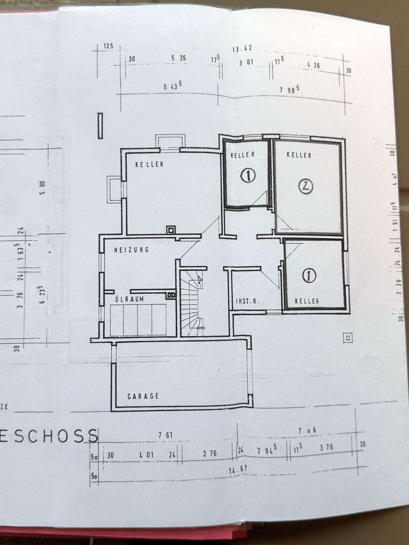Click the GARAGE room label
[143, 396]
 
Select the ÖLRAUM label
[130, 299]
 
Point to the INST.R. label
[247, 301]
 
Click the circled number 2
[306, 186]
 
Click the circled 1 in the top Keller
[248, 175]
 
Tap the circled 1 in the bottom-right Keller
[309, 275]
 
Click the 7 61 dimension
[165, 435]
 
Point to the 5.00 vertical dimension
[42, 188]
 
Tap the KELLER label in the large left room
[149, 164]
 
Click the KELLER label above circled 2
[299, 155]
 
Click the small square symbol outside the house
[348, 337]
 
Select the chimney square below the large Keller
[171, 230]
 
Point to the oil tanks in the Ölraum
[138, 319]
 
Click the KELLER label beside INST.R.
[307, 301]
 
